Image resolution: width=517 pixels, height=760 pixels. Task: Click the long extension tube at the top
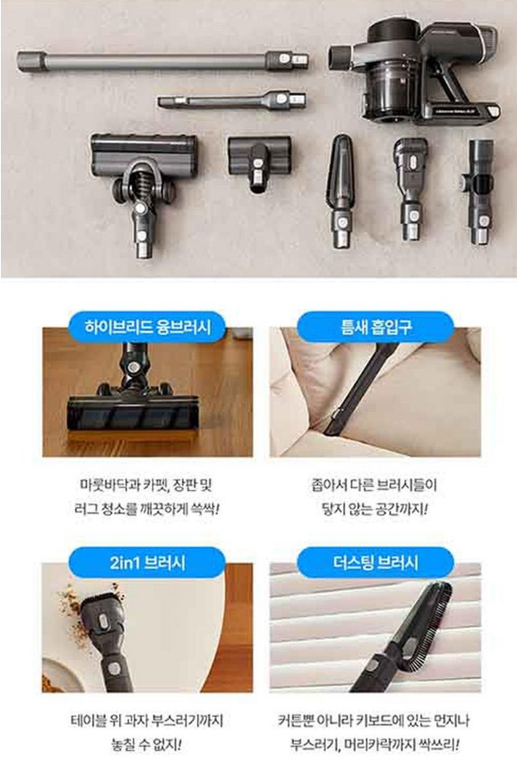tap(162, 62)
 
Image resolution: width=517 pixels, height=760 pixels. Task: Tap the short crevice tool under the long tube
tap(231, 100)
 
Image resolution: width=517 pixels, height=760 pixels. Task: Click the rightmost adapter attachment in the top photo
tap(479, 192)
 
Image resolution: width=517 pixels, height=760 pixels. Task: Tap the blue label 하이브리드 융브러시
tap(147, 326)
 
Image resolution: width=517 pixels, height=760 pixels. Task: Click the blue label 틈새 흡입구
tap(375, 326)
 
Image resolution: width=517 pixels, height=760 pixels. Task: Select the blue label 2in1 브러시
tap(147, 562)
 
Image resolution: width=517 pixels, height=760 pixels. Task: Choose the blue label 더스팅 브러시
tap(375, 562)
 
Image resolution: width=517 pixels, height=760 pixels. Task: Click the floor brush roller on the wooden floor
tap(133, 413)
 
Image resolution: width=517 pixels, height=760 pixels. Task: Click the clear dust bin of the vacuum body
tap(389, 91)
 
